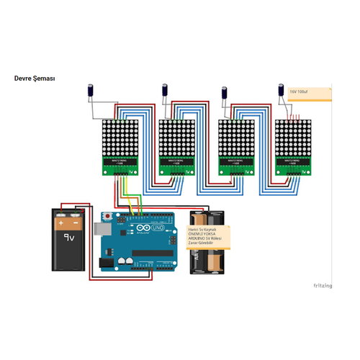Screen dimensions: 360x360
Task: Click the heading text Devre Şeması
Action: click(35, 78)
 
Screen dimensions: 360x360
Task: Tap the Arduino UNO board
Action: click(141, 245)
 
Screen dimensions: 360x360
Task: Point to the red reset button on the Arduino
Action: click(108, 216)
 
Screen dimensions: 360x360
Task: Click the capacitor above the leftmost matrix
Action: click(91, 90)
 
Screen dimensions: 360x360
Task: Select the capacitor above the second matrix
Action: click(165, 90)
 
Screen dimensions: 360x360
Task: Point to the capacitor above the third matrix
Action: click(225, 91)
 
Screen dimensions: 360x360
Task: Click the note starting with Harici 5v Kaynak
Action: click(208, 236)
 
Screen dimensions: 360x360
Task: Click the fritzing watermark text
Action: click(322, 286)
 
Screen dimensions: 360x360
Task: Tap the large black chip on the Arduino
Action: click(151, 261)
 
